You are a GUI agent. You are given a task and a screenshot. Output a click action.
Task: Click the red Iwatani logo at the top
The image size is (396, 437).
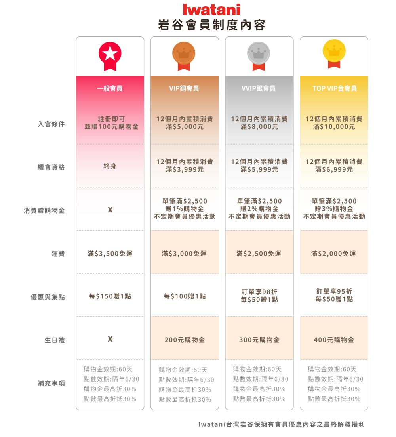211,10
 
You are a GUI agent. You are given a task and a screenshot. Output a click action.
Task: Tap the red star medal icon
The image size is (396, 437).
110,54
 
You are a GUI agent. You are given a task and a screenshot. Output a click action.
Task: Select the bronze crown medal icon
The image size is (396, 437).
184,54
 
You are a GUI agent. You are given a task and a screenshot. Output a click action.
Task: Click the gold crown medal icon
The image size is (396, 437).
334,54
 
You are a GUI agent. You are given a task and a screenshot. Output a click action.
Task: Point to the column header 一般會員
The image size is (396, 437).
110,88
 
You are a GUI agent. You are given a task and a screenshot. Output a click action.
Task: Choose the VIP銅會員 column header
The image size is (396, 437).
184,88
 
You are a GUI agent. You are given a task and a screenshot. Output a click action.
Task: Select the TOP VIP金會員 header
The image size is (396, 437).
334,88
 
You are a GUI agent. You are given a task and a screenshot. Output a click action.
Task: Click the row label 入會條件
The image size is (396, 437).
51,124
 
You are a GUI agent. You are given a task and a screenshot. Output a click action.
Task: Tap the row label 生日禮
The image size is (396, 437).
54,340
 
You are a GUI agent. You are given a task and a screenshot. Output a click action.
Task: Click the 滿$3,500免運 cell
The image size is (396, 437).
110,254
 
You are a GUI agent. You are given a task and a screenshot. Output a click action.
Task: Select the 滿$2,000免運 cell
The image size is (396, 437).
333,254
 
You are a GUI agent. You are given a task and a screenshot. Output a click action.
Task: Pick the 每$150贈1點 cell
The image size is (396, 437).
110,296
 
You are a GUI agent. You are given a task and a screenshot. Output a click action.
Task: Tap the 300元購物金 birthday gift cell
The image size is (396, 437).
259,340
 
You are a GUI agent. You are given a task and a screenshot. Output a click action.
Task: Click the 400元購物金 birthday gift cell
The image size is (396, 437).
333,340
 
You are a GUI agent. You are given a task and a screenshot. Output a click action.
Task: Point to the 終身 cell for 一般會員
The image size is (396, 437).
110,166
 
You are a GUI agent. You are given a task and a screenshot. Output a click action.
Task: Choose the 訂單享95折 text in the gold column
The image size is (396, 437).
333,292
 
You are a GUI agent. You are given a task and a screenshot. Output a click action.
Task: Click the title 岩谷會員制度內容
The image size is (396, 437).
211,25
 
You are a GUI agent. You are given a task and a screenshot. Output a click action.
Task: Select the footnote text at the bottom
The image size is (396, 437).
281,424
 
